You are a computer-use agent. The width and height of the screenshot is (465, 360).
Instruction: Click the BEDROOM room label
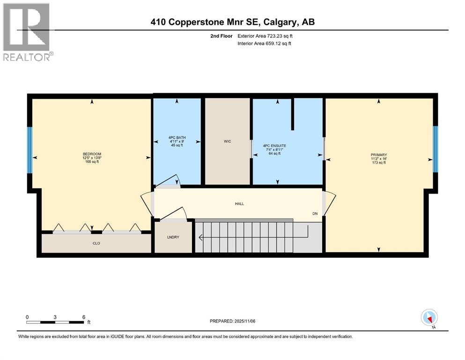tap(92, 154)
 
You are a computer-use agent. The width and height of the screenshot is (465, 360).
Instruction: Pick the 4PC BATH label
tap(177, 138)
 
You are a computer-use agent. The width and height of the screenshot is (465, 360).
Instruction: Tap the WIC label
tap(227, 141)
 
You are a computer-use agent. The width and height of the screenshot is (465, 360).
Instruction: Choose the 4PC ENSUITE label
tap(274, 146)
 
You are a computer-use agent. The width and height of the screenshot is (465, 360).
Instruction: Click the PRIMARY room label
tap(378, 155)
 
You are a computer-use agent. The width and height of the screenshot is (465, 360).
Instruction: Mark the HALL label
tap(240, 203)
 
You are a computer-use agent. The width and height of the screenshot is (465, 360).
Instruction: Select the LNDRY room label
tap(173, 237)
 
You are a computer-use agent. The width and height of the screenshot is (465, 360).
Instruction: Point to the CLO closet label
tap(96, 244)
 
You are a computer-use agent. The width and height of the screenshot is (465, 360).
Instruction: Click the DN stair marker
tap(316, 214)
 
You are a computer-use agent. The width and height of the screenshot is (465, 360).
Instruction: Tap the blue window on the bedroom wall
tap(30, 150)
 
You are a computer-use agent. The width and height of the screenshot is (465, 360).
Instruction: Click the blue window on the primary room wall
tap(435, 149)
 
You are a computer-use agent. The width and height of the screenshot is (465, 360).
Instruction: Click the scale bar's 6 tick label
tap(83, 317)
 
